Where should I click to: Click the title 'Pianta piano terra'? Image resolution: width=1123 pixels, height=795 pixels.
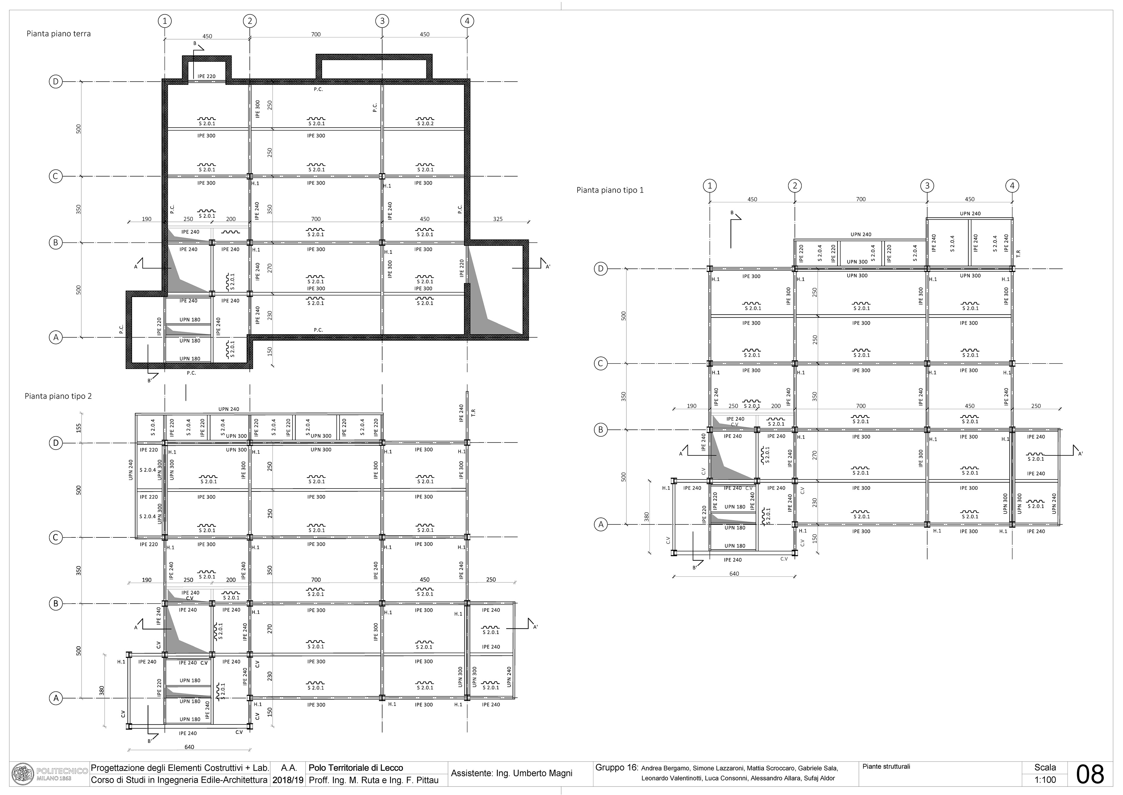point(59,34)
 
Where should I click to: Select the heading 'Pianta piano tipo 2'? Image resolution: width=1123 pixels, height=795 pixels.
point(58,396)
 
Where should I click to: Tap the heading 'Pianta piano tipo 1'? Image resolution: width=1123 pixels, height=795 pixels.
point(610,190)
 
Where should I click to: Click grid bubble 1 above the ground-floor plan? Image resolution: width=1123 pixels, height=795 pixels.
point(165,21)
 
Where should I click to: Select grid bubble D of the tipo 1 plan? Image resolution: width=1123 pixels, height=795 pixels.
point(601,269)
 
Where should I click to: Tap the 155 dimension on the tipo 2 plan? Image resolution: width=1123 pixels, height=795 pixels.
point(79,428)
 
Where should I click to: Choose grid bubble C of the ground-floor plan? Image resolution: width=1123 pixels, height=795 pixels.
point(56,176)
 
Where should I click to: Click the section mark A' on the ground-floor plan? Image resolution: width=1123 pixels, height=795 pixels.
point(548,267)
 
